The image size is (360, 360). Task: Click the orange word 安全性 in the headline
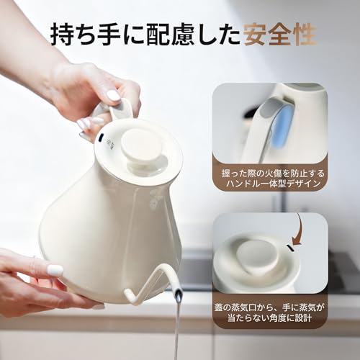point(274,33)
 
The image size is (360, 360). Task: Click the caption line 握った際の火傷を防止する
point(270,174)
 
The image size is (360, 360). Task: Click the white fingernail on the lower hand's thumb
point(55,270)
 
